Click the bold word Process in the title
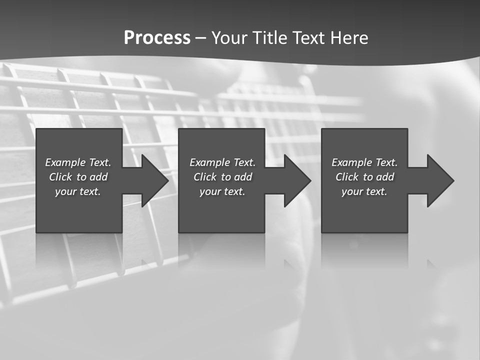[x=157, y=38]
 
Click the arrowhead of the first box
[x=154, y=180]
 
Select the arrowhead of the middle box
[x=297, y=180]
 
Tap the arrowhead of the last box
[x=440, y=180]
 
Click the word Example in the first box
[x=65, y=162]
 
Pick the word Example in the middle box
[x=209, y=162]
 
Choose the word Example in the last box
[x=351, y=162]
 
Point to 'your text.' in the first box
[x=78, y=191]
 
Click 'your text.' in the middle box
[x=222, y=191]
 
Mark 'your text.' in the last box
[x=364, y=191]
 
